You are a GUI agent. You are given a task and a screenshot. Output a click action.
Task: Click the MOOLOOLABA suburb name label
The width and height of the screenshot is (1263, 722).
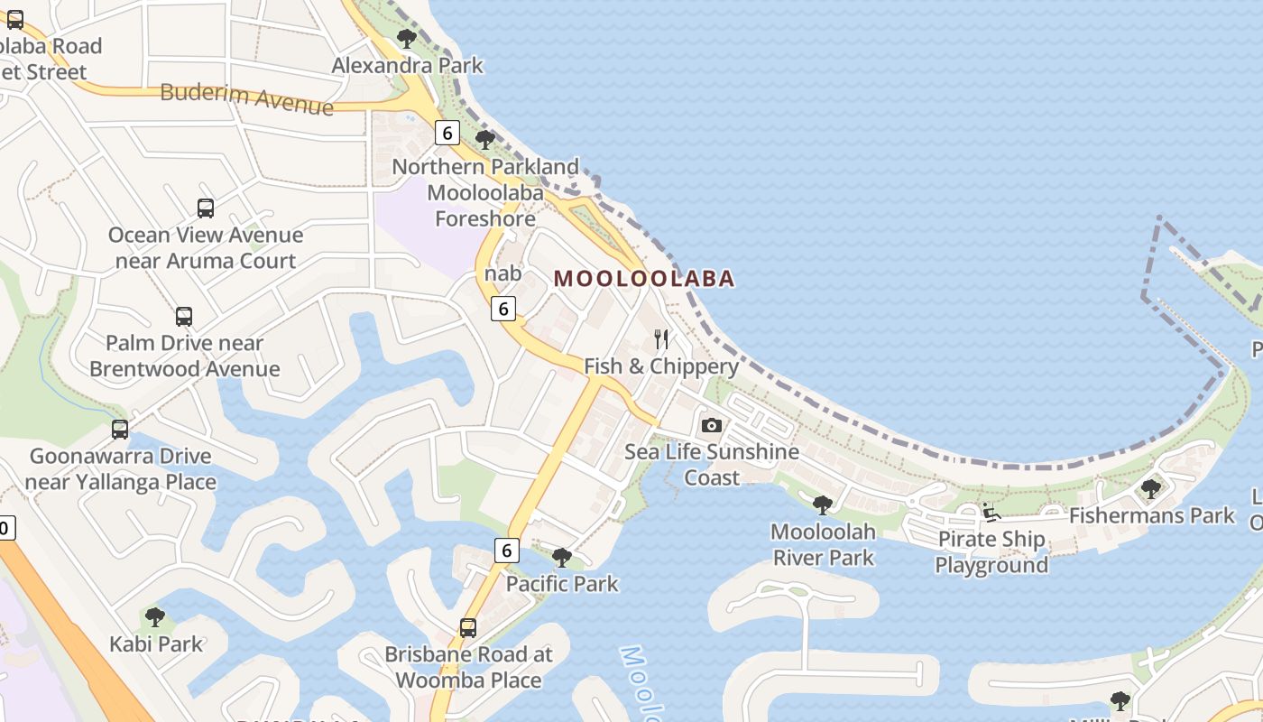644,279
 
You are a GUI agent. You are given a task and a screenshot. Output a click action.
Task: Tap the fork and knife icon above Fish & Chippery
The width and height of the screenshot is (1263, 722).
662,339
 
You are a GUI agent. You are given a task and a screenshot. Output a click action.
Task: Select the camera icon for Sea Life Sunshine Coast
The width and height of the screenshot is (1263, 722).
712,425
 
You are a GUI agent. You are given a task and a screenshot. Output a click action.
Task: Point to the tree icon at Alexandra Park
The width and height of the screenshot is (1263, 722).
407,39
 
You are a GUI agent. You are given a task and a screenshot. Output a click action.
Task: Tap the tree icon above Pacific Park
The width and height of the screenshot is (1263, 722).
562,558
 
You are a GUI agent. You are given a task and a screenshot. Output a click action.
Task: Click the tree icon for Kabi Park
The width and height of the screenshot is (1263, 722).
155,618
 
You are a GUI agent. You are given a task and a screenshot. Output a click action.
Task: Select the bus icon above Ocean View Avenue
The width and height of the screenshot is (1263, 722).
206,208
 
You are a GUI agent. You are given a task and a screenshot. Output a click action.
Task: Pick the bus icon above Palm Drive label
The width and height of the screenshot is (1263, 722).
184,317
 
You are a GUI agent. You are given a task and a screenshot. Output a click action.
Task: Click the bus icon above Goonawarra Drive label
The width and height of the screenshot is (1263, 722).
120,430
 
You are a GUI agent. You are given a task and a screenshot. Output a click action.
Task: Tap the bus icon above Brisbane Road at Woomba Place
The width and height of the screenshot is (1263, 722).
468,628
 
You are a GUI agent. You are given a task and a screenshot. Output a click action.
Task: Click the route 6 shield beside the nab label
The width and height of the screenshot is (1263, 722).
503,309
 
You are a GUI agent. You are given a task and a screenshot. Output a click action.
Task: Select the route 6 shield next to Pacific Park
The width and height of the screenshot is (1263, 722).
507,550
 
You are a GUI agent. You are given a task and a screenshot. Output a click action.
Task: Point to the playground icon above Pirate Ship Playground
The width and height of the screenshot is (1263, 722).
991,513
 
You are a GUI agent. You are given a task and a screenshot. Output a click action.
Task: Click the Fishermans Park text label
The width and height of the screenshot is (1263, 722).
1151,516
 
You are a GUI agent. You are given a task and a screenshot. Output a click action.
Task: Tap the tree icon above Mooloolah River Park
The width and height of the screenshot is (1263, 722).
822,505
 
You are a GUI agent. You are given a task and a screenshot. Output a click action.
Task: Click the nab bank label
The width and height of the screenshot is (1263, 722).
502,273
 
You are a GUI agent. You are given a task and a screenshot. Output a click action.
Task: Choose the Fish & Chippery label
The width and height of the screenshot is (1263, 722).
661,366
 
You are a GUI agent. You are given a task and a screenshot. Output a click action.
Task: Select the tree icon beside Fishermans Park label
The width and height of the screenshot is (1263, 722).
1150,489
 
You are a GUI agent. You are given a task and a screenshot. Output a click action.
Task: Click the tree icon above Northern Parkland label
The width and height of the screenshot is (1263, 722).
485,140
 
